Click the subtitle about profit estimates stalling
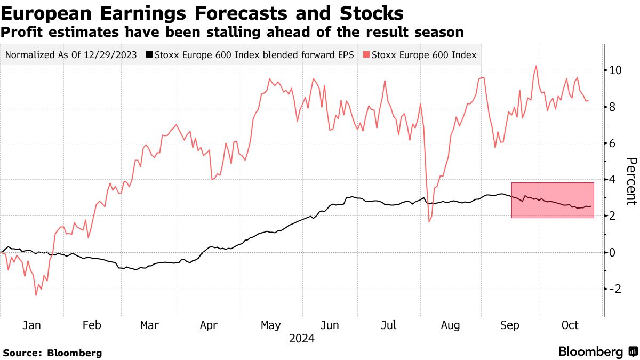232,32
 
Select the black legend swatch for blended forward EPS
150,54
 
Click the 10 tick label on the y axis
615,70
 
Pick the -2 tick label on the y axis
615,289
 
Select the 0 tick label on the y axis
613,252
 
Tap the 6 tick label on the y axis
613,143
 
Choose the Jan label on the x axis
32,325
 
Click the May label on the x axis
271,325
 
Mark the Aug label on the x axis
450,325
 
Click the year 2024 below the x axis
301,338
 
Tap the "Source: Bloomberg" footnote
52,353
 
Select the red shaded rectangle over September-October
553,200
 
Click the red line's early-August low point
429,221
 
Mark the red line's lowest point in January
36,295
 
